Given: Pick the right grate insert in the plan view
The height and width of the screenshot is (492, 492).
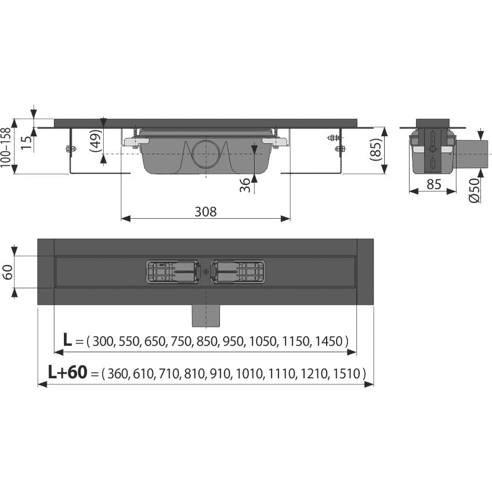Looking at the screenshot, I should click(x=236, y=272).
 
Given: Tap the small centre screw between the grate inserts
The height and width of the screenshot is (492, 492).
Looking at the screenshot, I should click(x=205, y=273).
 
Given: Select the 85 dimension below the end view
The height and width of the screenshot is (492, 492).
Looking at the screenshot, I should click(x=434, y=185).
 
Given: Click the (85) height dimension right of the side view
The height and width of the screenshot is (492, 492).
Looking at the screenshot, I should click(x=375, y=146).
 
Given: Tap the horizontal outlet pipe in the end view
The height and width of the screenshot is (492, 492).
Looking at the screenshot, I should click(x=474, y=154).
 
